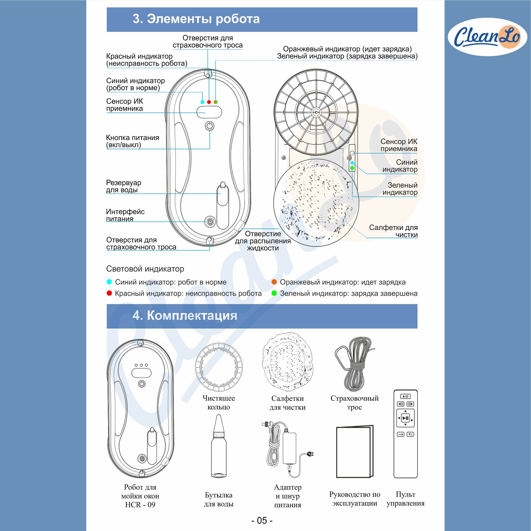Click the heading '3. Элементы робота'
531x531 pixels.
click(x=196, y=19)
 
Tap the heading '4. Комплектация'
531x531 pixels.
click(x=185, y=315)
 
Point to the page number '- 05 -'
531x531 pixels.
click(x=262, y=520)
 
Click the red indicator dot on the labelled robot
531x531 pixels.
click(x=209, y=102)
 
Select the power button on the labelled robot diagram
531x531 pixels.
click(x=209, y=126)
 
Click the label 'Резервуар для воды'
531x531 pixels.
click(x=124, y=186)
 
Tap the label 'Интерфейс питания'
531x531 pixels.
click(x=125, y=215)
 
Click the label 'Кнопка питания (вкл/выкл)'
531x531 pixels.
click(x=132, y=141)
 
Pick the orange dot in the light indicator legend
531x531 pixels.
click(x=274, y=282)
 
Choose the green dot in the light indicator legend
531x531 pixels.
click(x=274, y=293)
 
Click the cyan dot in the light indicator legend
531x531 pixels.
click(x=109, y=282)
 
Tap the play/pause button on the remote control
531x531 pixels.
click(x=405, y=418)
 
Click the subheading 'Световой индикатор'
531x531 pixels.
click(x=145, y=268)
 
